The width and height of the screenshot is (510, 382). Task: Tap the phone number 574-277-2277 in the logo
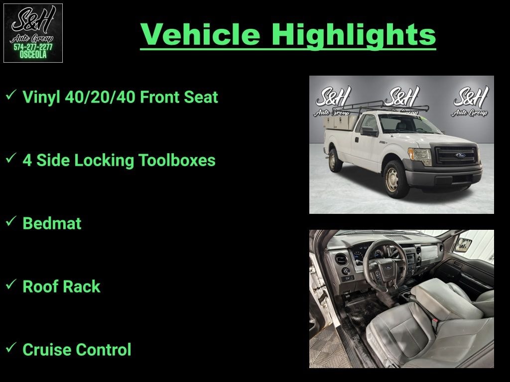[33, 47]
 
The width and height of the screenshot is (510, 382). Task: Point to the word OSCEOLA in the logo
[33, 55]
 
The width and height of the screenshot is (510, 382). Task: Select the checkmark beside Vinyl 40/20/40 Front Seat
[11, 96]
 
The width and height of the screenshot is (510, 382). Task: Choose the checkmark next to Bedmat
[11, 222]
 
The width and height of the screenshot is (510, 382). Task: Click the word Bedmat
[52, 223]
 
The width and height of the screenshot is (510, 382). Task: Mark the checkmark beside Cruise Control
[11, 349]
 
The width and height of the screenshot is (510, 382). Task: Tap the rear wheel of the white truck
[335, 160]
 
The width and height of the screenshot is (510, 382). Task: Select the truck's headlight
[420, 156]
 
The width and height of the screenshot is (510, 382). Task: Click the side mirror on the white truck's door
[369, 131]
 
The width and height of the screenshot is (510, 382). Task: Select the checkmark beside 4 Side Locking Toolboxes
[11, 159]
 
